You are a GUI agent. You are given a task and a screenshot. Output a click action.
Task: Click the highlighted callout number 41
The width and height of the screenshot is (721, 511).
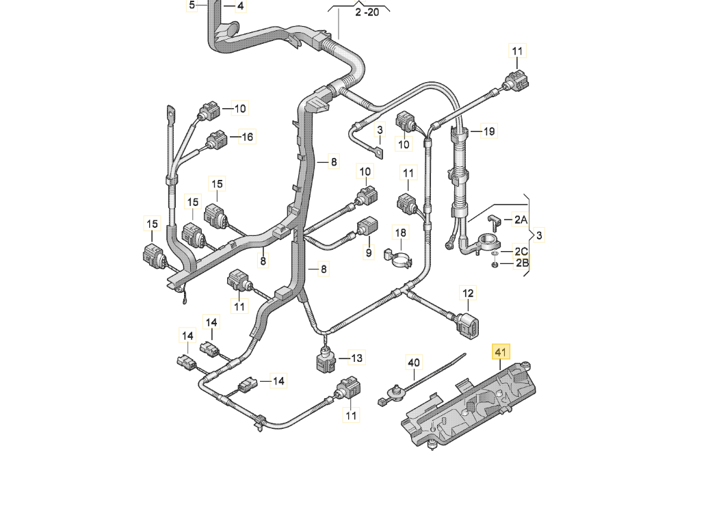coord(501,352)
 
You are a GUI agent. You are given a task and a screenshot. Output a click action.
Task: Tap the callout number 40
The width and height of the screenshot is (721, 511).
coord(414,362)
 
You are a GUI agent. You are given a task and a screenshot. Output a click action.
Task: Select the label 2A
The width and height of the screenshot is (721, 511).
coord(521,220)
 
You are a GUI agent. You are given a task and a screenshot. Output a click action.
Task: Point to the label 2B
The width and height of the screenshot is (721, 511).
coord(522,263)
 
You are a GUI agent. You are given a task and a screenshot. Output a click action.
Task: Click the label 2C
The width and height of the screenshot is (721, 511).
coord(522,250)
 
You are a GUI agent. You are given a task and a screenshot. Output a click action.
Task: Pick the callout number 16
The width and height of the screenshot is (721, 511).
coord(246,137)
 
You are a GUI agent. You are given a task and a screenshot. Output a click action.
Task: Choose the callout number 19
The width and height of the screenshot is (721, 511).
coord(488,131)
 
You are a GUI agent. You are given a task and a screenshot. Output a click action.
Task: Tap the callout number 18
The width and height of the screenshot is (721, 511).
coord(400,233)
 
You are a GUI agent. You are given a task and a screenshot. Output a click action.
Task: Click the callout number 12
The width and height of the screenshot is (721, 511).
coord(467,293)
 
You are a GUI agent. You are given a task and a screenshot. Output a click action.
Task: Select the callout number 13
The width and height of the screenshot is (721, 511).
coord(356,357)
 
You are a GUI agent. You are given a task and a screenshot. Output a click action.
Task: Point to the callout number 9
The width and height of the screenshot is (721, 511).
coord(368,253)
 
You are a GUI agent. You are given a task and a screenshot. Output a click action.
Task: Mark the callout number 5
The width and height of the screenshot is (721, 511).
coord(192,5)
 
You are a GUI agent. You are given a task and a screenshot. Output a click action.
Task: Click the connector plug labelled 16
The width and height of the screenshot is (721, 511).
coord(217,140)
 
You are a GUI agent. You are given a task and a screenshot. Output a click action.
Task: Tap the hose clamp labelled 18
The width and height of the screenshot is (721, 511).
coord(399,257)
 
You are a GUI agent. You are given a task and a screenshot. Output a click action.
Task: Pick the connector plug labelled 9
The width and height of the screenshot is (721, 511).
coord(368,226)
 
